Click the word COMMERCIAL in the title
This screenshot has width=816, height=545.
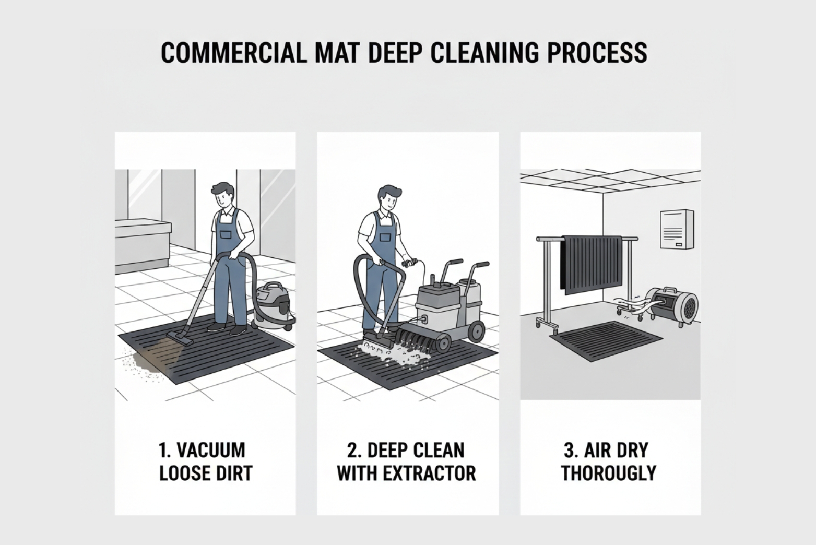pyautogui.click(x=233, y=53)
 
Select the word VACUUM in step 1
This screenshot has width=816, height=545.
pyautogui.click(x=211, y=450)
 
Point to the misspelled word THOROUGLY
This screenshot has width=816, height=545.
pyautogui.click(x=608, y=473)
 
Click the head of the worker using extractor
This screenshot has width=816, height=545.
pyautogui.click(x=390, y=198)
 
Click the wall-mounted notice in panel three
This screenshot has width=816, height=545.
pyautogui.click(x=677, y=229)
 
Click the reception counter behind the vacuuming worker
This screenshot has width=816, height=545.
pyautogui.click(x=142, y=245)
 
